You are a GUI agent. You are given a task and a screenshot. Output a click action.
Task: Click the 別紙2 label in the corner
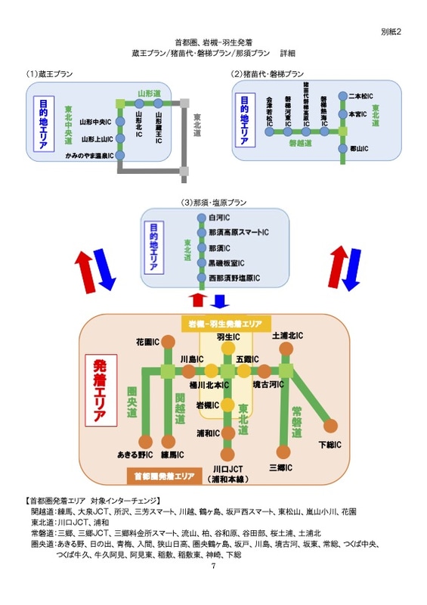coord(391,32)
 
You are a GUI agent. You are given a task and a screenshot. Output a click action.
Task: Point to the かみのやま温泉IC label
coord(88,156)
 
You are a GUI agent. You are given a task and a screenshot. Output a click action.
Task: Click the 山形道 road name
coord(147,93)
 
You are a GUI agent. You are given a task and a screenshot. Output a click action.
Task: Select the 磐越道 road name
coord(302,141)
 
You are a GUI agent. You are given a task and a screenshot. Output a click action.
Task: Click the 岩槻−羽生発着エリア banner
coord(225,323)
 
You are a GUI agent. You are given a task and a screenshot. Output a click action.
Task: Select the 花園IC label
coord(147,342)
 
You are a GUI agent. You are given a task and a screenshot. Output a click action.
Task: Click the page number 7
coord(213,566)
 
